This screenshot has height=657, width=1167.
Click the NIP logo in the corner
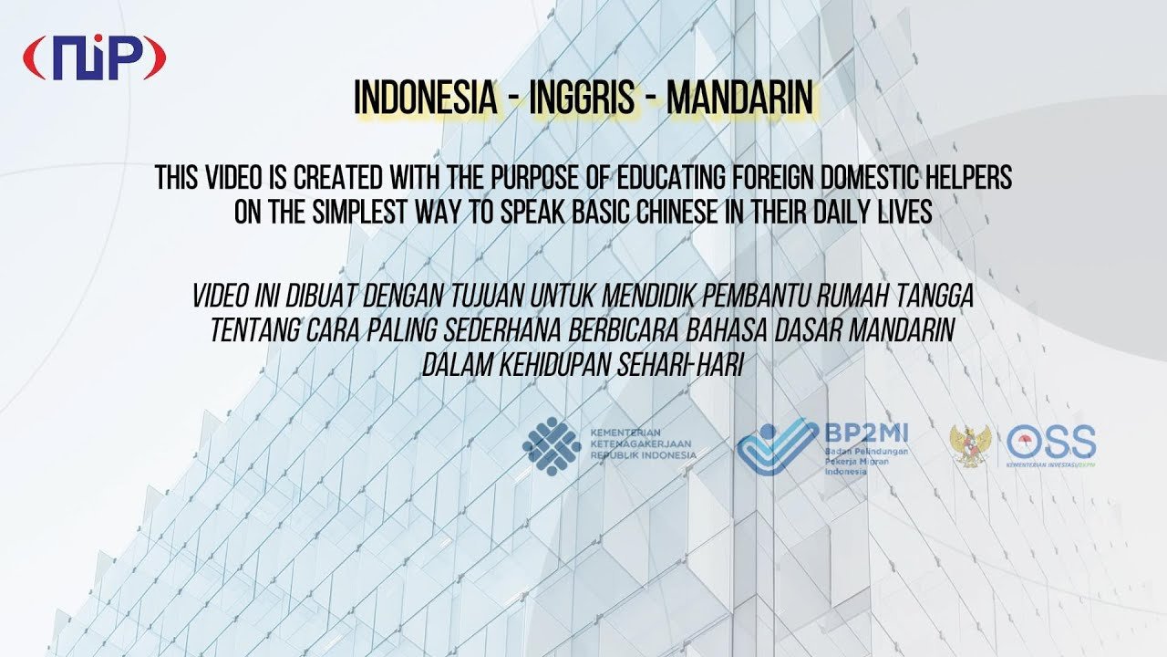(x=95, y=57)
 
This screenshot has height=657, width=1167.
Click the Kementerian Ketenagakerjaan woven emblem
(x=552, y=446)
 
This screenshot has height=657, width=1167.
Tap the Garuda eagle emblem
(x=970, y=445)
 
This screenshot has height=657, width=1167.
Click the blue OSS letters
(x=1050, y=443)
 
